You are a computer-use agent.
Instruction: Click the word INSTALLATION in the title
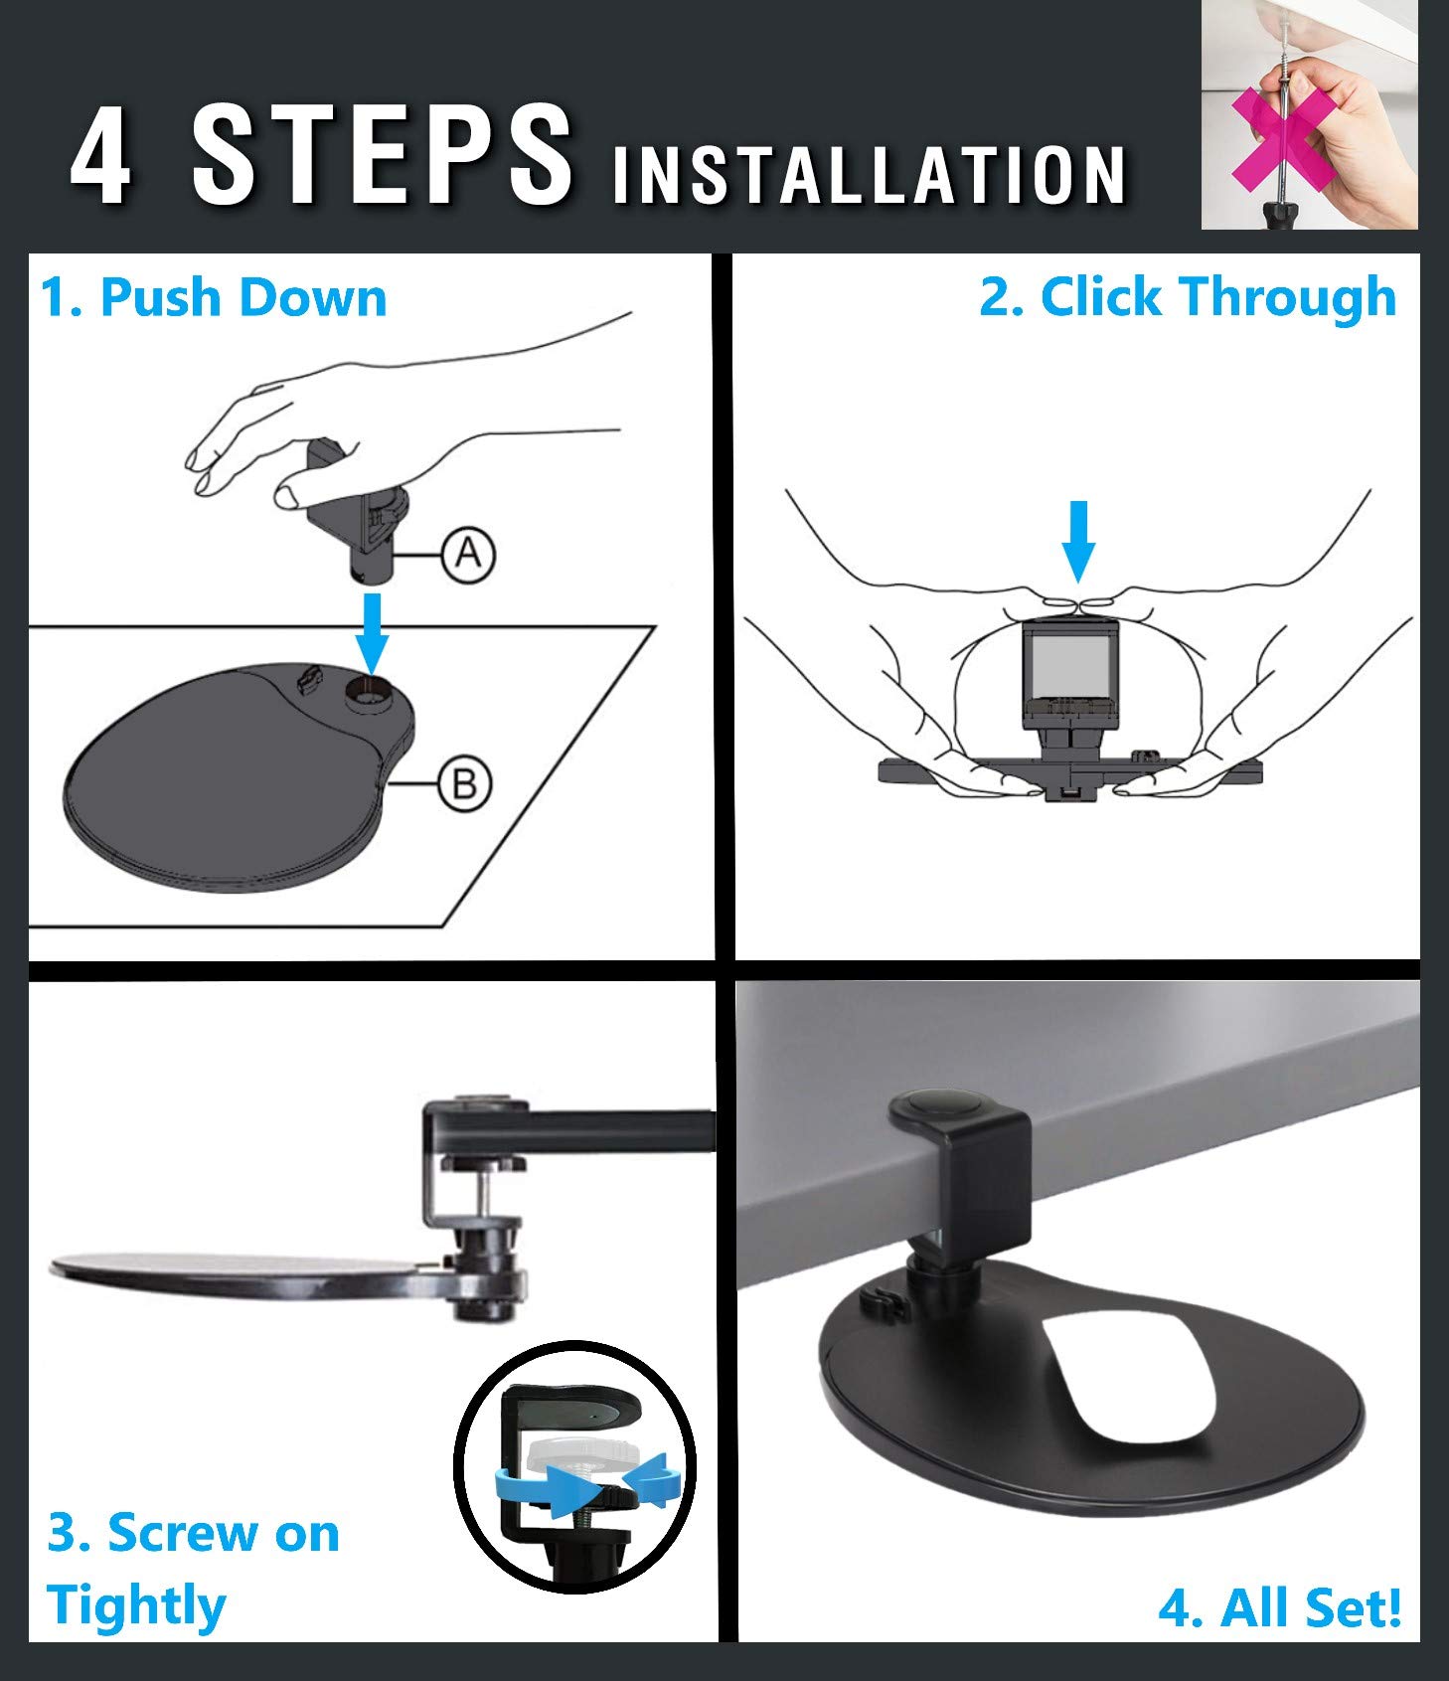click(x=869, y=176)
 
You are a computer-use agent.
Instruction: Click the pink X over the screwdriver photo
click(x=1283, y=138)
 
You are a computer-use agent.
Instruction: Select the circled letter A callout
click(x=468, y=553)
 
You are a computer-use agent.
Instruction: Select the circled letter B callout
click(x=464, y=784)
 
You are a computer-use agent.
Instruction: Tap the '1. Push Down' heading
click(x=214, y=297)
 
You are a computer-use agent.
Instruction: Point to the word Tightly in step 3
click(x=136, y=1604)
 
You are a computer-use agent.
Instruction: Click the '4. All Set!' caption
click(x=1280, y=1607)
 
